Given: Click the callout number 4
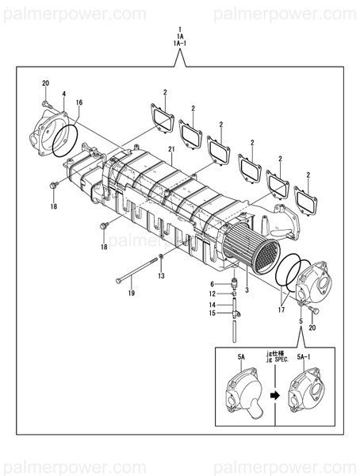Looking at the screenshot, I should pos(63,94).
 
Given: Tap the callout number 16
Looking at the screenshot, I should pos(79,103).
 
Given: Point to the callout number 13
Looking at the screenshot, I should pos(161,276).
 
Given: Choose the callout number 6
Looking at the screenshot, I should pos(213,284).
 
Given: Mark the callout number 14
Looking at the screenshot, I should pos(213,305).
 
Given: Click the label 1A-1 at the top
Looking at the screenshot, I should pos(179,44).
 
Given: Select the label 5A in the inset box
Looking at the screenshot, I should pos(242,358).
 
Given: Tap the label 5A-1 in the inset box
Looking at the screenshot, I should pos(303,358).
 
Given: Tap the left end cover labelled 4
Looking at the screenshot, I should pos(50,135).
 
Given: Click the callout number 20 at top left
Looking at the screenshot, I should pos(45,83).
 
